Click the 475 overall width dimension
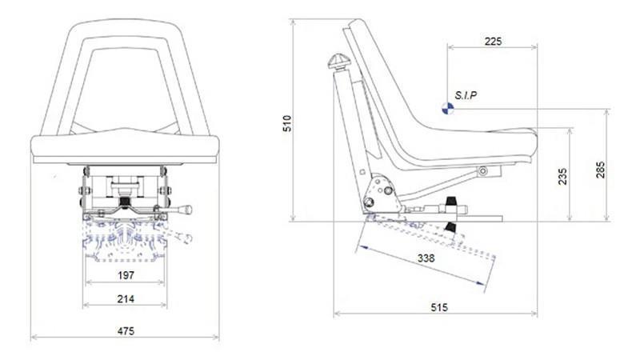[125, 330]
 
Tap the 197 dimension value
[125, 275]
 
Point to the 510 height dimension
[288, 122]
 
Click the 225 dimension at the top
[493, 42]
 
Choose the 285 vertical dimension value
[601, 170]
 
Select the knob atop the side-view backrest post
[336, 61]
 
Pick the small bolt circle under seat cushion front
[482, 170]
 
